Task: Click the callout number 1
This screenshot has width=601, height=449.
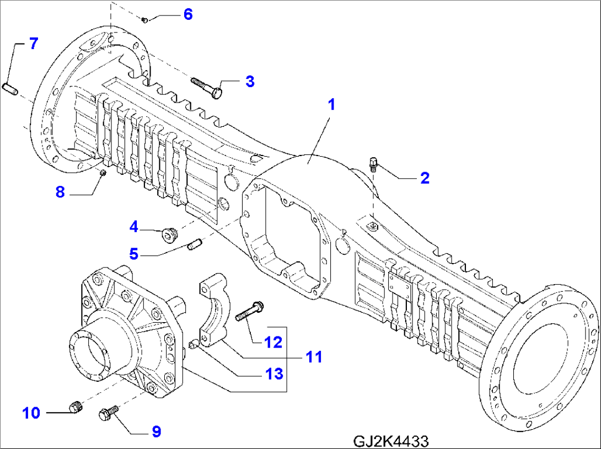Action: pyautogui.click(x=331, y=104)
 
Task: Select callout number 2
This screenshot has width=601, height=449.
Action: pyautogui.click(x=425, y=178)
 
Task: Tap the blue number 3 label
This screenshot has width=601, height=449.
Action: pyautogui.click(x=250, y=82)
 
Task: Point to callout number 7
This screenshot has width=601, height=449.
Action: pyautogui.click(x=34, y=44)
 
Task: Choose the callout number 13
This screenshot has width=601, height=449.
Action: pyautogui.click(x=274, y=374)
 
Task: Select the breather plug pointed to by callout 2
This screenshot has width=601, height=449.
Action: pyautogui.click(x=373, y=164)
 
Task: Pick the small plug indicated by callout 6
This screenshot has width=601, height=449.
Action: pyautogui.click(x=144, y=20)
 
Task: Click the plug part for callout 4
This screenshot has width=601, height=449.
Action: pyautogui.click(x=168, y=236)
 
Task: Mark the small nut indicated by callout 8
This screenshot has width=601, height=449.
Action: pyautogui.click(x=103, y=174)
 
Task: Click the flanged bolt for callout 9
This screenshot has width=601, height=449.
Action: pyautogui.click(x=108, y=412)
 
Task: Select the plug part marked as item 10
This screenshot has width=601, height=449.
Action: pyautogui.click(x=76, y=408)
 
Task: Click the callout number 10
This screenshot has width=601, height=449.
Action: pyautogui.click(x=31, y=413)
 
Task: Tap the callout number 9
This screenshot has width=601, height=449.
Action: pyautogui.click(x=156, y=431)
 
